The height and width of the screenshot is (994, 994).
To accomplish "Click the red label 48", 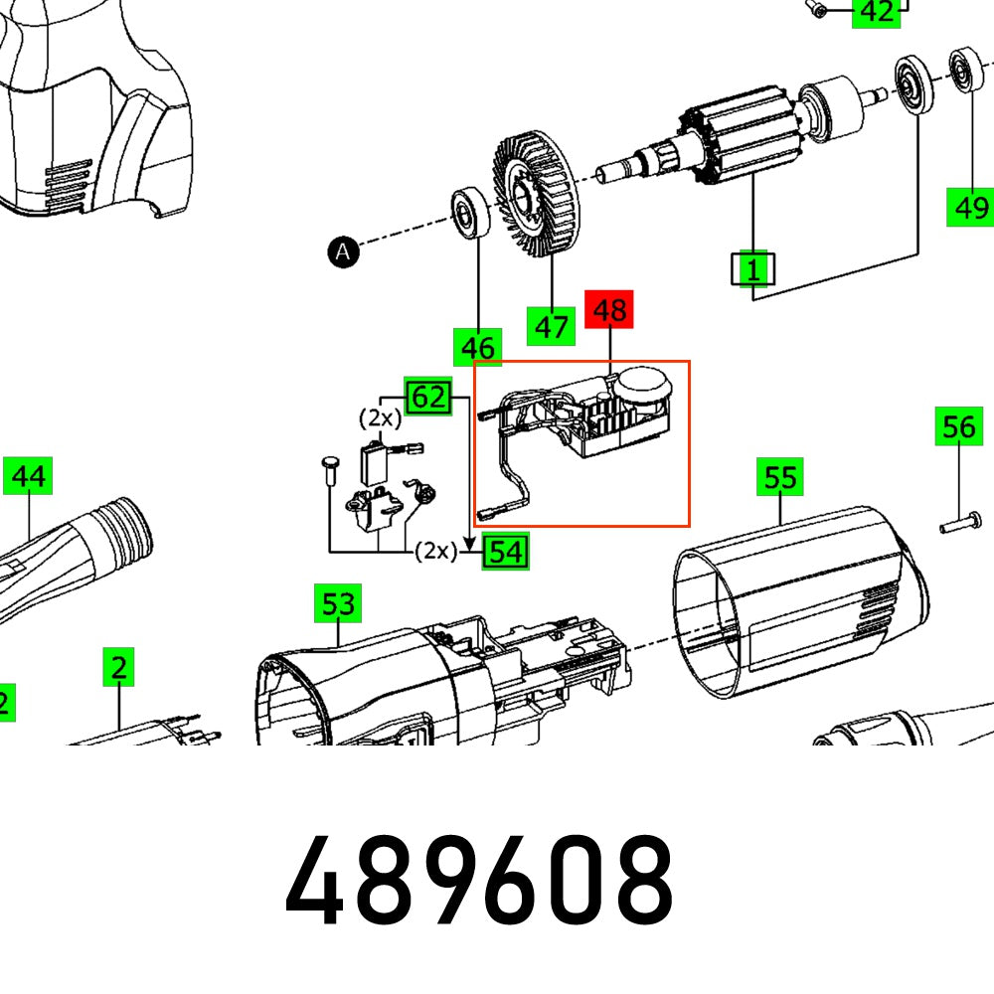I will click(x=609, y=310).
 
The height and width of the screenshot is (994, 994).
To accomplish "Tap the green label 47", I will click(x=551, y=326).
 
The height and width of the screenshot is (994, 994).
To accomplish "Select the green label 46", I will click(x=477, y=348).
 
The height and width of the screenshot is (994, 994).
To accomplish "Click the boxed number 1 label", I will click(x=753, y=268).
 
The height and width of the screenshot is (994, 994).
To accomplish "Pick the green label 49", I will click(x=970, y=207).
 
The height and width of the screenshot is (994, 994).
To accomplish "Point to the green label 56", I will click(x=958, y=427).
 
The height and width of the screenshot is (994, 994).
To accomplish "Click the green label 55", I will click(x=780, y=477).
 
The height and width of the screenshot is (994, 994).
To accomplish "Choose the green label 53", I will click(x=338, y=603).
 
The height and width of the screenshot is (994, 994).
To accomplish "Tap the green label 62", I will click(x=427, y=397).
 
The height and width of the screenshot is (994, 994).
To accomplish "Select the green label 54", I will click(x=505, y=550).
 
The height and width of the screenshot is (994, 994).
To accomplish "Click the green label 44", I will click(x=28, y=477).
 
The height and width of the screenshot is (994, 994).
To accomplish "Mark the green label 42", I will click(x=876, y=12).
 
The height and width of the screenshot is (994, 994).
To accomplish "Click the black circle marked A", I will click(x=343, y=252).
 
